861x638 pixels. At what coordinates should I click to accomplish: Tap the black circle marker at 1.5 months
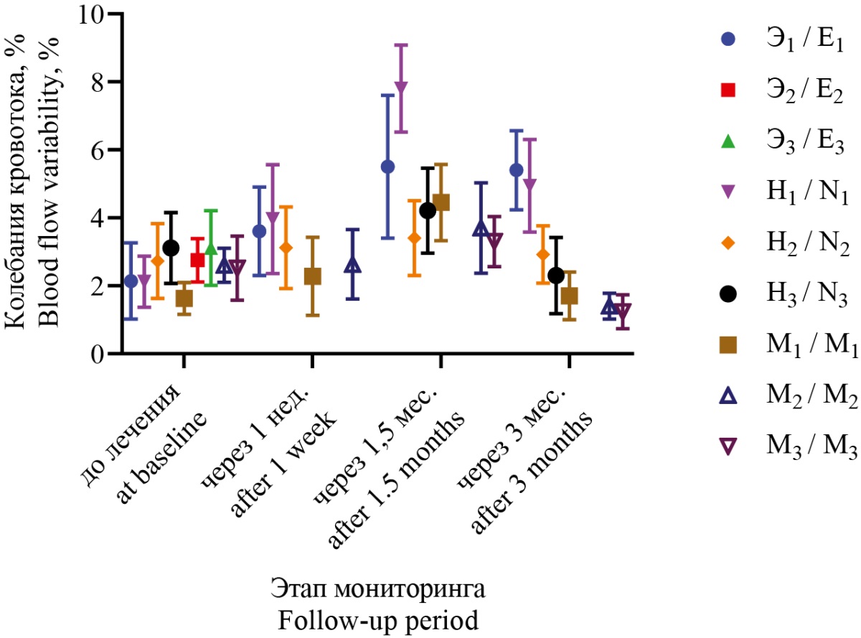428,210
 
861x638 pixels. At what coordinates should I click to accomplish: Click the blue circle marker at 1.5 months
387,166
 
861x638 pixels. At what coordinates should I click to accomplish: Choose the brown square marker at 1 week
313,276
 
